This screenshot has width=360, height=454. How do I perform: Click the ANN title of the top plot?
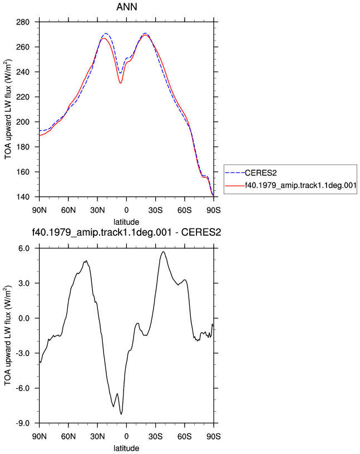[126, 7]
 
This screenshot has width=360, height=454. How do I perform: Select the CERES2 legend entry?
[260, 173]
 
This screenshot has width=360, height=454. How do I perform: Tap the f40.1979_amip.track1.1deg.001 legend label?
[300, 185]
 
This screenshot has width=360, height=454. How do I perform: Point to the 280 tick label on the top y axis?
[23, 22]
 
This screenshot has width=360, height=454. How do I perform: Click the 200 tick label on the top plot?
[23, 122]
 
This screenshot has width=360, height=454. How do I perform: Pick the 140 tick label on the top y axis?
[23, 197]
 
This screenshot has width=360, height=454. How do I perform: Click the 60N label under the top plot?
[68, 210]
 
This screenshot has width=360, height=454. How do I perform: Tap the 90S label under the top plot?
[214, 210]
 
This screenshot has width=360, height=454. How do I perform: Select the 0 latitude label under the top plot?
[126, 210]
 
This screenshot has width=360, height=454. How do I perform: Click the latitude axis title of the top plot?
[126, 222]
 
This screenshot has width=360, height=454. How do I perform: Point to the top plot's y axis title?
[8, 110]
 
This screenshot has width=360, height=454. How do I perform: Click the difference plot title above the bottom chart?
[126, 232]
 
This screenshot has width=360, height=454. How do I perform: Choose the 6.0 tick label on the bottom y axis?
[24, 249]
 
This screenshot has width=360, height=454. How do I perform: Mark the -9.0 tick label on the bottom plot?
[23, 423]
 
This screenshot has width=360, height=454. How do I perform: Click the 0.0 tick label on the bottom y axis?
[24, 318]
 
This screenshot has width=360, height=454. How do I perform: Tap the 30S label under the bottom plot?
[156, 436]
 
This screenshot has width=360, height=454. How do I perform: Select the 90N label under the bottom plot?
[40, 436]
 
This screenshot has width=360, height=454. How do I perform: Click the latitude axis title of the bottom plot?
[126, 448]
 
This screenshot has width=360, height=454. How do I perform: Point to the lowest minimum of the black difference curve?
[121, 414]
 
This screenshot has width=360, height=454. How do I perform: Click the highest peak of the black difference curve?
[164, 251]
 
